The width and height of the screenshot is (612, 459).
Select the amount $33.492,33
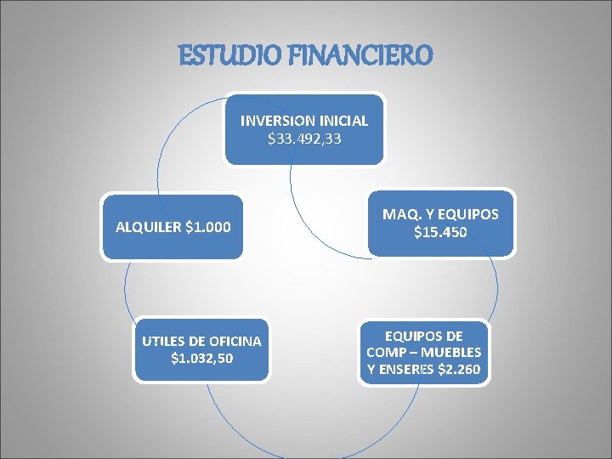pos(304,138)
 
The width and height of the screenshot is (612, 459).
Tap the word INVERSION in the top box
pos(275,121)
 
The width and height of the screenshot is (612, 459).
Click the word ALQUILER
pos(147,228)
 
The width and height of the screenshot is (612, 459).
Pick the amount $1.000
pos(207,228)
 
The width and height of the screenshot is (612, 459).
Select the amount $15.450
pos(441,232)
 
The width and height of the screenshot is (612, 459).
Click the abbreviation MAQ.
pos(398,214)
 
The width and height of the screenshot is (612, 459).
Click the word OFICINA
pos(229,342)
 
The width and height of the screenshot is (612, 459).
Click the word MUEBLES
pos(450,352)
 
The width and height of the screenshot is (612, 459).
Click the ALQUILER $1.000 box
pos(173,228)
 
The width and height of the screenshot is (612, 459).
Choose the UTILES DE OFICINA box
pos(202,349)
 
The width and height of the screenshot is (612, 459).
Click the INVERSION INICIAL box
pos(304,128)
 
